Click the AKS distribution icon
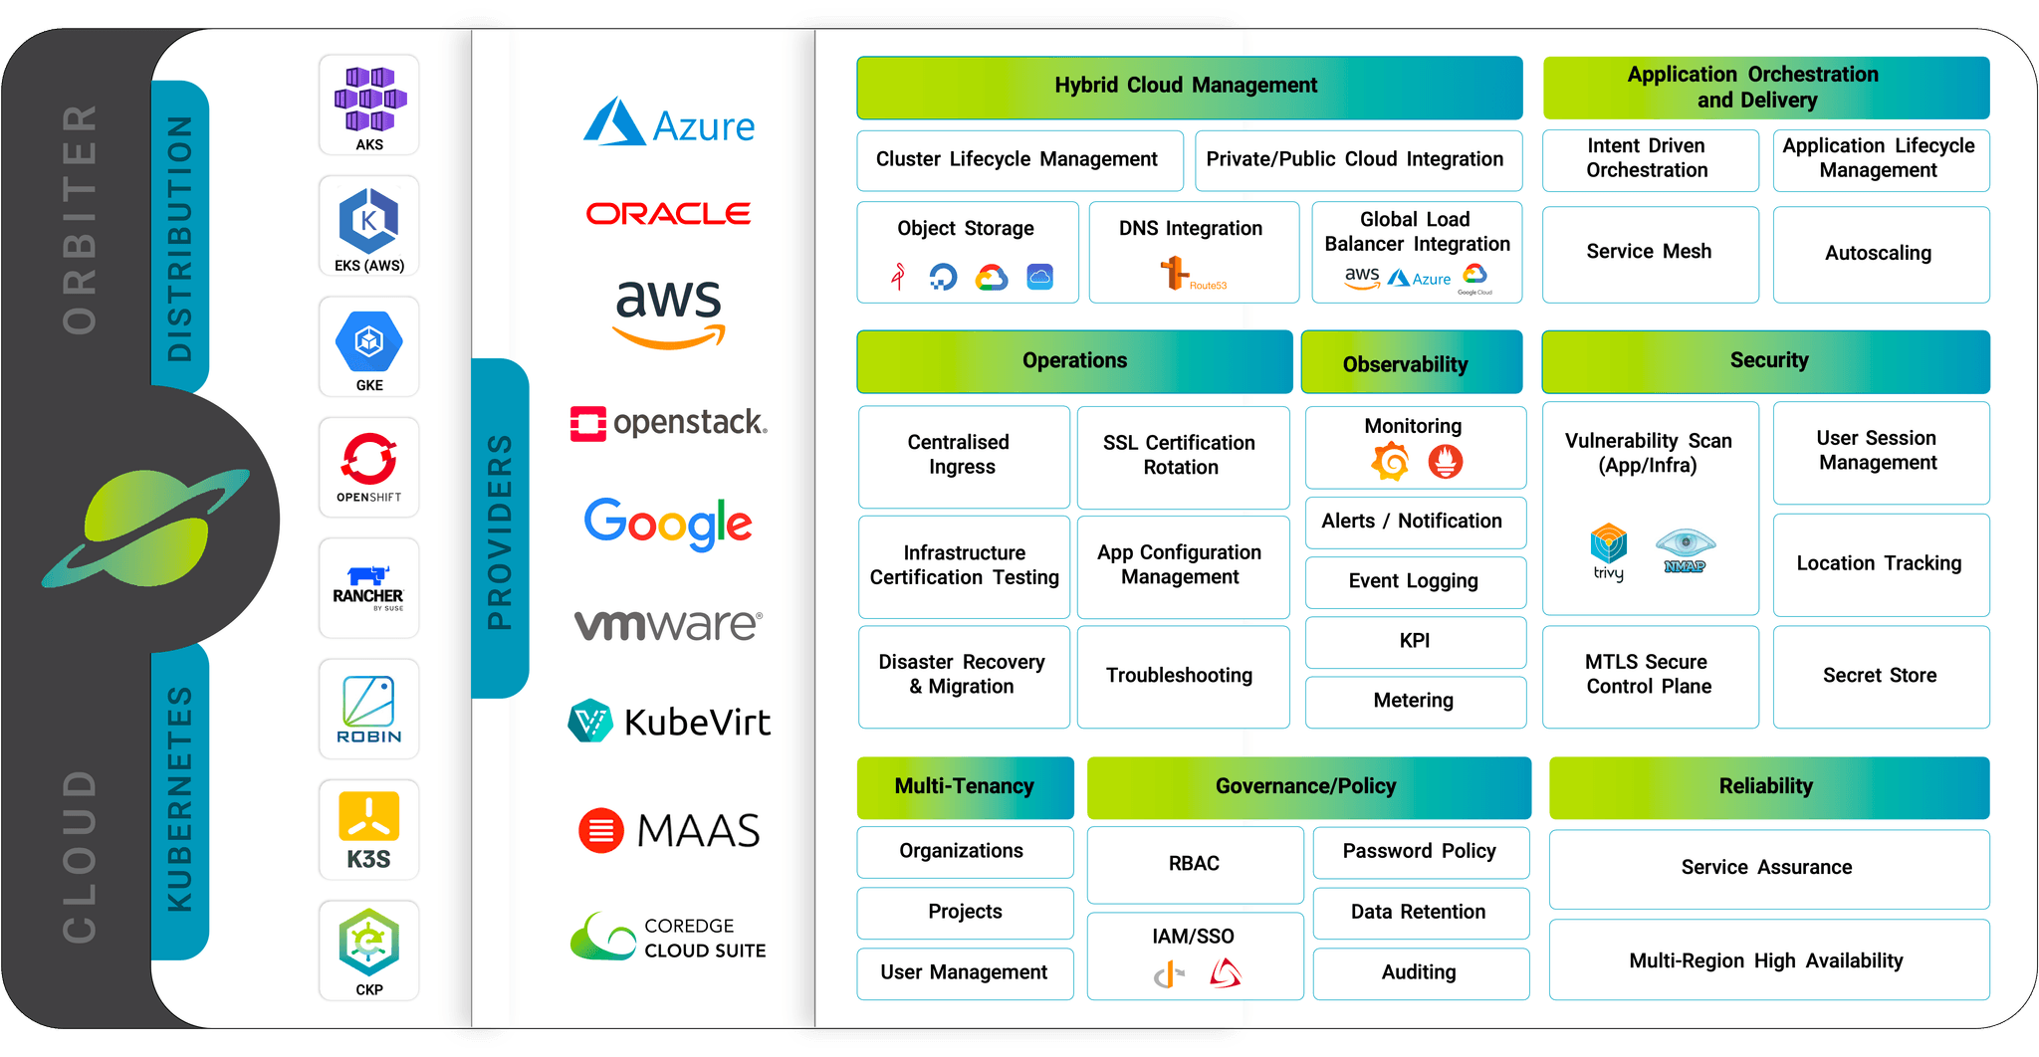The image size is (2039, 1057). coord(369,103)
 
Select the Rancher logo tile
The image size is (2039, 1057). coord(368,586)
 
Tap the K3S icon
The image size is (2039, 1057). coord(368,829)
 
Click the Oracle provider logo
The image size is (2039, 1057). coord(668,213)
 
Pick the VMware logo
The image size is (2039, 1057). coord(668,624)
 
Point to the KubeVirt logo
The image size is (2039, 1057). coord(669,722)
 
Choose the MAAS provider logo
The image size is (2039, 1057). coord(669,830)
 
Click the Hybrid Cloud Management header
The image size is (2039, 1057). coord(1189,87)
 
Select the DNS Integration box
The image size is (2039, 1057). coord(1193,251)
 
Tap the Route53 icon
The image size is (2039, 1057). coord(1176,272)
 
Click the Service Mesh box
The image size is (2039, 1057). coord(1650,253)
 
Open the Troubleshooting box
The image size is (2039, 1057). coord(1182,676)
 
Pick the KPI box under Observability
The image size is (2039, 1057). coord(1415,641)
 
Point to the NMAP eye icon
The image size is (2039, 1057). coord(1685,544)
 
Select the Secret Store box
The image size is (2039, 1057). coord(1880,676)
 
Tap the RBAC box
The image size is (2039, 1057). coord(1194,864)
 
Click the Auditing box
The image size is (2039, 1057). coord(1420,972)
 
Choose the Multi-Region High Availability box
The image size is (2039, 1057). coord(1767,960)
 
